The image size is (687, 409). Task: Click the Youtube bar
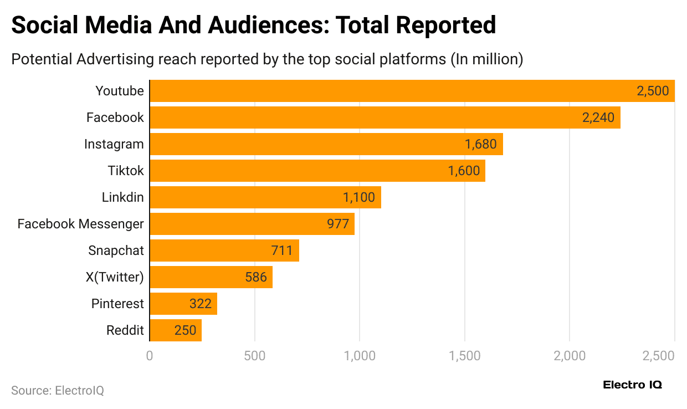412,91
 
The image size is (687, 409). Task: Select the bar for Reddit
175,330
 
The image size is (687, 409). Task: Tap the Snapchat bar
224,250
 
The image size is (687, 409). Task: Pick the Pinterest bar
183,304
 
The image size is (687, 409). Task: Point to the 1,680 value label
481,144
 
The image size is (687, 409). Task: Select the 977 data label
338,224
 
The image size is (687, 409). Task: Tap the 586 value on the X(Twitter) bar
256,277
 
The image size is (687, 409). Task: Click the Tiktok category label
126,171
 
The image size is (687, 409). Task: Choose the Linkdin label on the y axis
122,197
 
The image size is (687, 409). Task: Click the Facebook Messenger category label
81,224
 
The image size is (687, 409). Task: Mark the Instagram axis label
114,144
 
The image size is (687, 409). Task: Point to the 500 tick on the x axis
254,355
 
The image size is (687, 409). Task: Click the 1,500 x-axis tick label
464,355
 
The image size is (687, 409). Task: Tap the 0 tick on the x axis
150,355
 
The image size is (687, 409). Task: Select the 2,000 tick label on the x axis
570,355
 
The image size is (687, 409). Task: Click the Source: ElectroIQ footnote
58,390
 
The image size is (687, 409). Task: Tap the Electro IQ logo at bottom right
632,385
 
